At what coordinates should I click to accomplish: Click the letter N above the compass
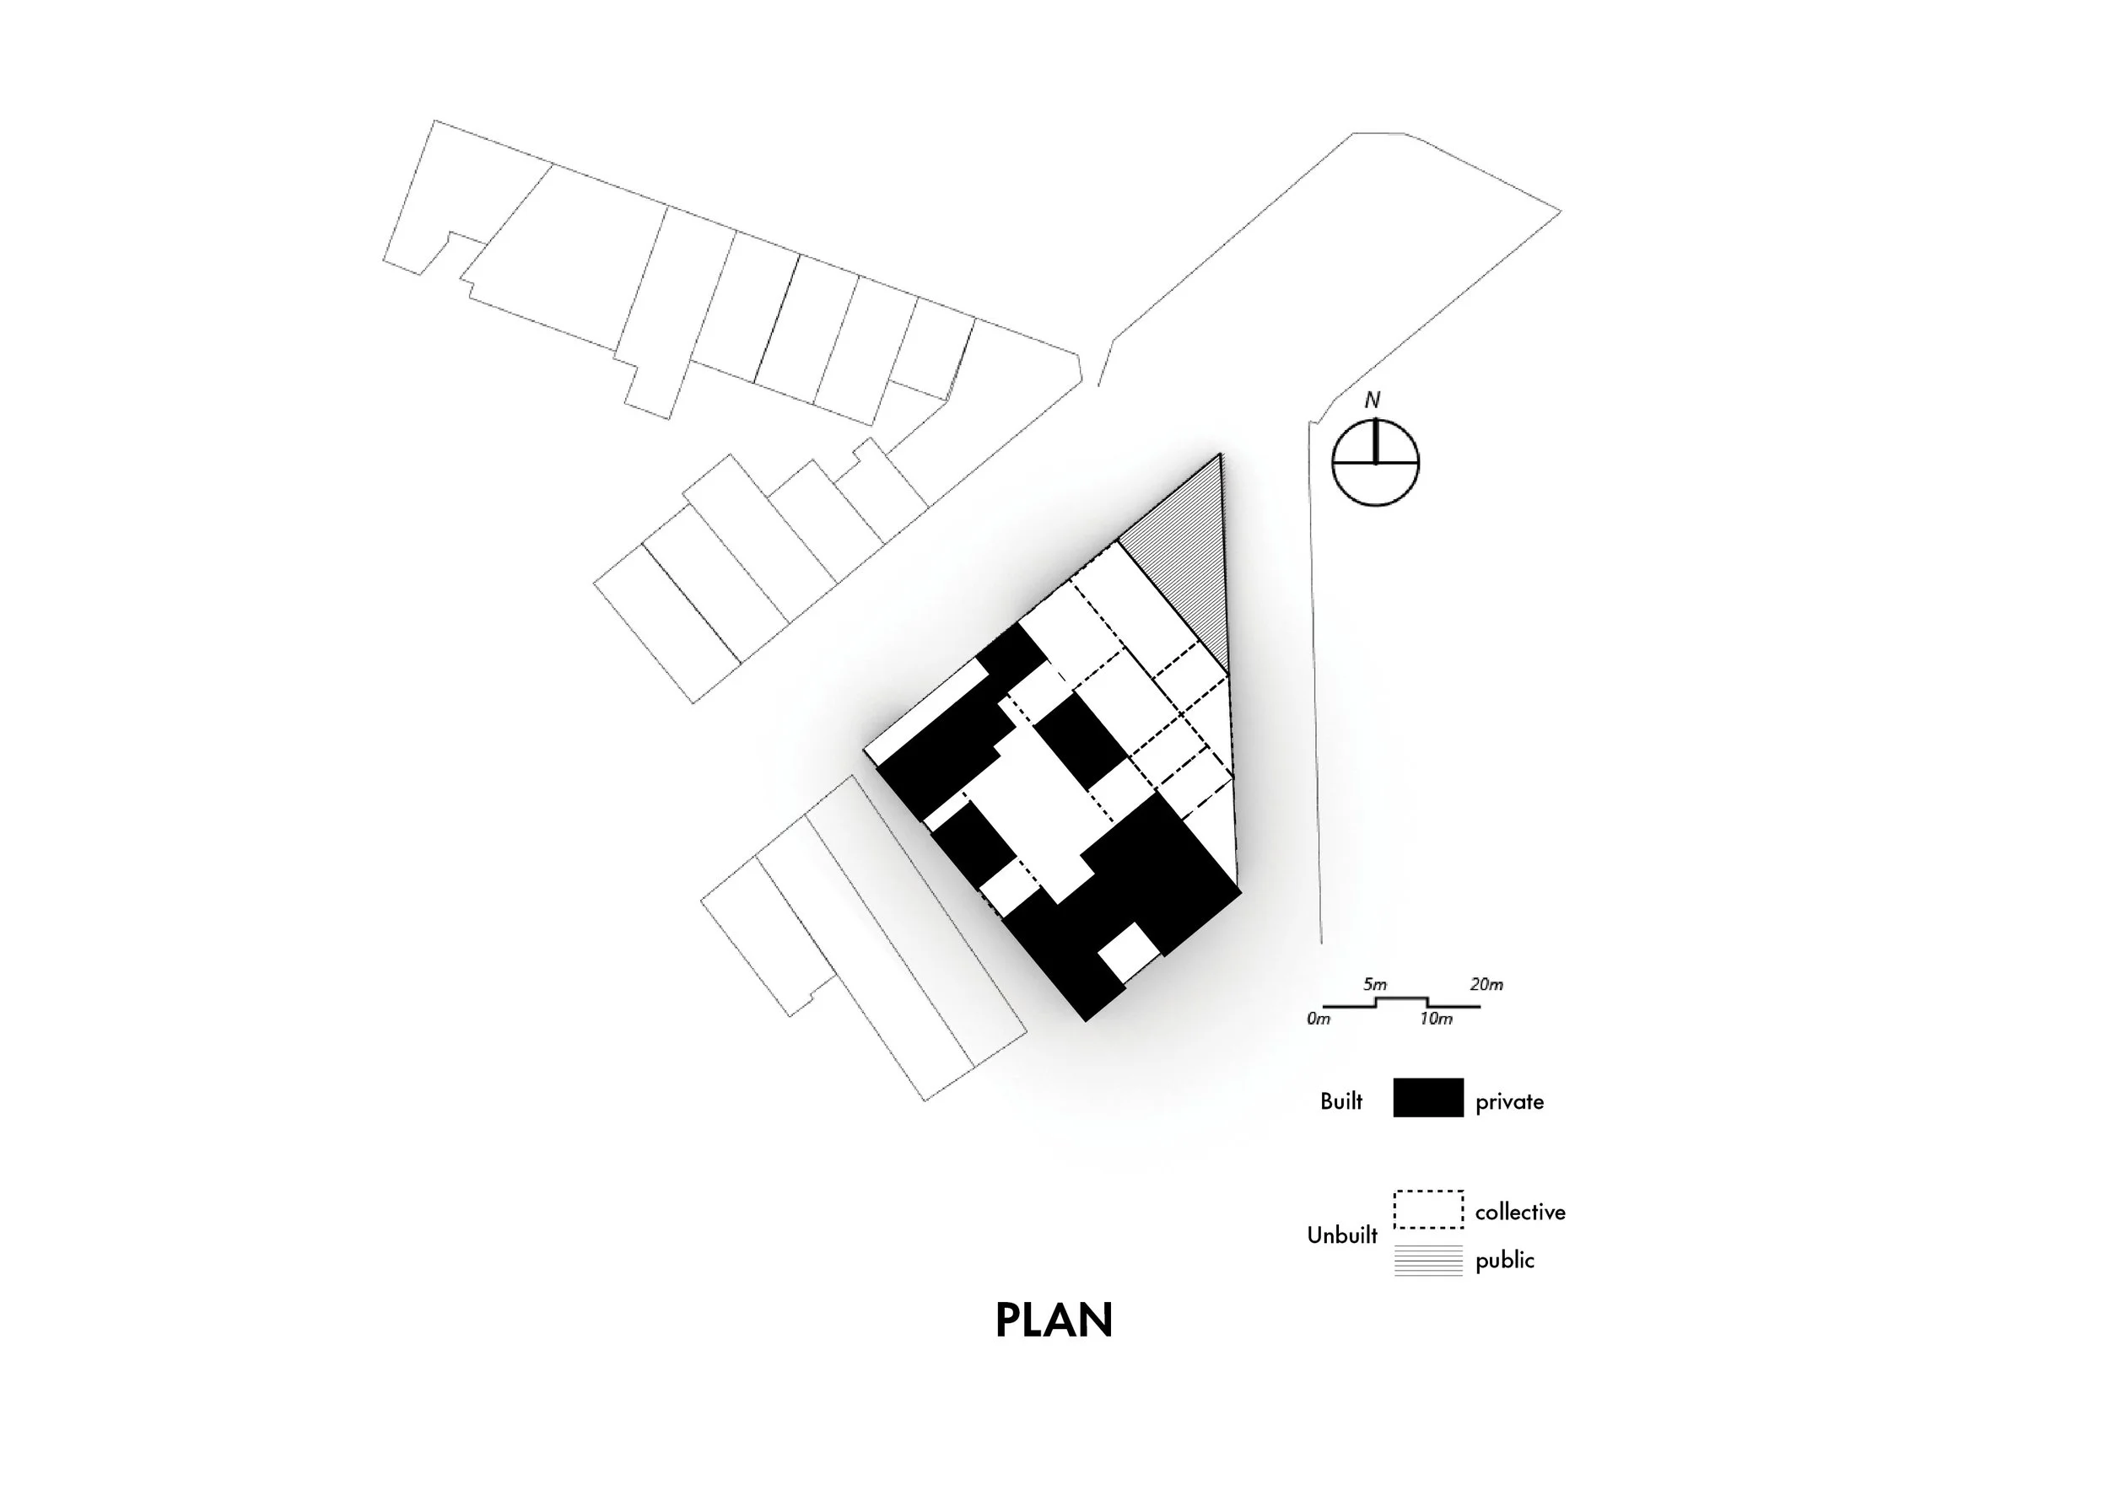click(x=1373, y=401)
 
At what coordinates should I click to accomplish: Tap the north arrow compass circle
click(x=1375, y=463)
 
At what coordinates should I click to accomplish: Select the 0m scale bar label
click(x=1318, y=1019)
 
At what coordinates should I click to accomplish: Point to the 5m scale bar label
click(x=1375, y=984)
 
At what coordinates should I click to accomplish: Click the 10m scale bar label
click(x=1436, y=1019)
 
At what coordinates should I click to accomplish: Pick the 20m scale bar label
click(x=1486, y=984)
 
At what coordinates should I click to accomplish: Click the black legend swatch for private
click(x=1427, y=1098)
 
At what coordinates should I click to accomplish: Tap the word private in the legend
click(x=1509, y=1101)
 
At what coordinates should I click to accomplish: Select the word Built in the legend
click(x=1341, y=1100)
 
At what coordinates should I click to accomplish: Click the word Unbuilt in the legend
click(x=1342, y=1235)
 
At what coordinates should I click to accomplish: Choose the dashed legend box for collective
click(x=1427, y=1210)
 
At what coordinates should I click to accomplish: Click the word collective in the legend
click(x=1519, y=1212)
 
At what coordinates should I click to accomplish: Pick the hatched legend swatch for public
click(x=1427, y=1261)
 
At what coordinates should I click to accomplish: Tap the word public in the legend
click(x=1505, y=1261)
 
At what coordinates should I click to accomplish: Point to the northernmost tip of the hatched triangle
click(x=1220, y=455)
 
